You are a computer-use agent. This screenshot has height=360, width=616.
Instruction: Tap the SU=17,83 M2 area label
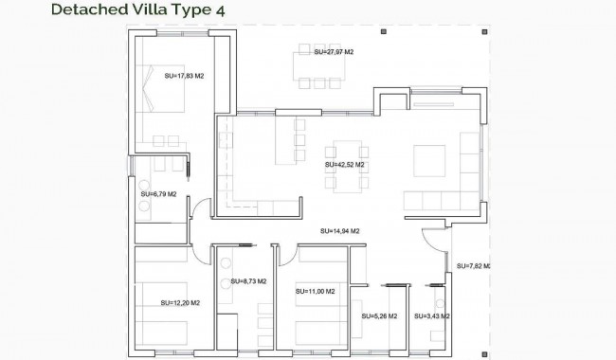click(x=184, y=76)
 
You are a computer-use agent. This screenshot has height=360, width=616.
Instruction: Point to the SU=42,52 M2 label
click(x=344, y=164)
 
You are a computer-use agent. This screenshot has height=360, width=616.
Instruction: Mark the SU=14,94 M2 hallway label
click(x=339, y=230)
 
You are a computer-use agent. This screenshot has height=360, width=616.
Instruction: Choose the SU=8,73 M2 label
click(x=248, y=281)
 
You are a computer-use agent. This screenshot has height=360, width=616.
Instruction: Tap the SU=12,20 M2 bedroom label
click(x=181, y=303)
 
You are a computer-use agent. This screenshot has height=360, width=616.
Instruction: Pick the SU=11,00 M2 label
click(x=316, y=292)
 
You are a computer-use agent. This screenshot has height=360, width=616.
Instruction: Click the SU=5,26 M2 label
click(x=379, y=316)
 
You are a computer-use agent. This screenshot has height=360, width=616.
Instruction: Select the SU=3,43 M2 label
click(x=431, y=316)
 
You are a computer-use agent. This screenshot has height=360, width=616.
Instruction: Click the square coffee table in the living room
click(x=428, y=161)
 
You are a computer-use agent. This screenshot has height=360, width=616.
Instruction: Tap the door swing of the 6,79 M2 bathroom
click(x=199, y=210)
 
